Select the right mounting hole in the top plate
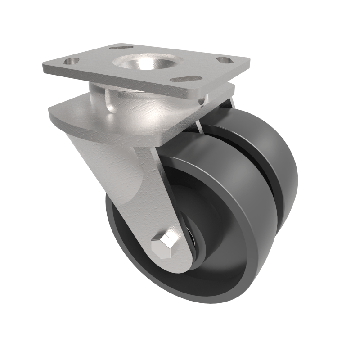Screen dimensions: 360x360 click(x=223, y=60)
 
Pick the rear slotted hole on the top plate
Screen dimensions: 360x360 click(x=121, y=47)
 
